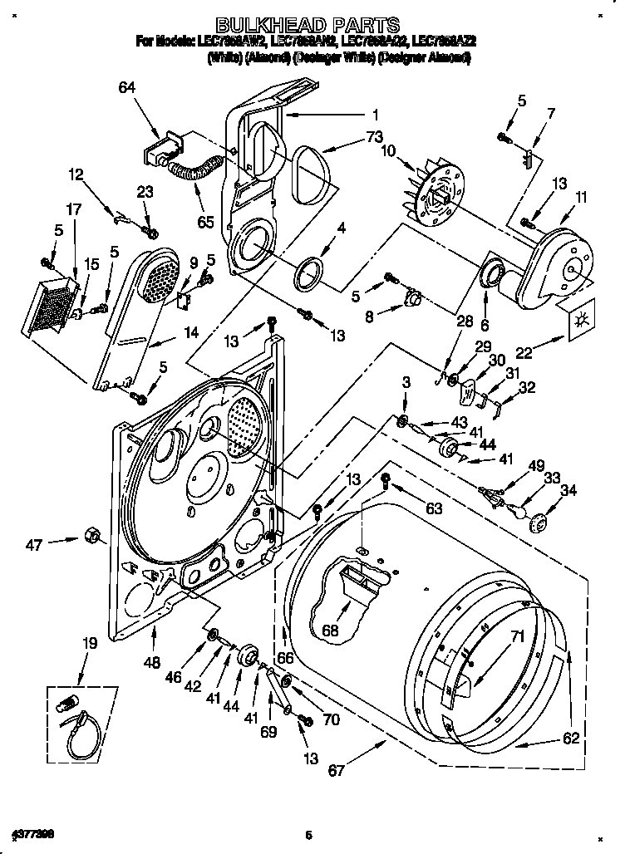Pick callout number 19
(89, 642)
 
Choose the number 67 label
(335, 771)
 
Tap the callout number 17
(74, 210)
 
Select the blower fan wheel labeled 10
(438, 194)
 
